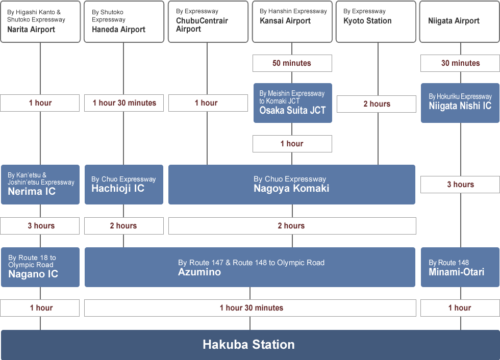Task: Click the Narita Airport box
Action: click(40, 21)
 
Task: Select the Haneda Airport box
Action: click(123, 21)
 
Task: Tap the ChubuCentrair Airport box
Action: click(207, 21)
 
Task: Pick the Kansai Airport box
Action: click(292, 21)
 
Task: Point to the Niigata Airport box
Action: click(459, 21)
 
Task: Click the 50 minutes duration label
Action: click(292, 63)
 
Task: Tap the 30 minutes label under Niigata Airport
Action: click(460, 63)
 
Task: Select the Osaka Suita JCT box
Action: click(292, 103)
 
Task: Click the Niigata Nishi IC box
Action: click(460, 103)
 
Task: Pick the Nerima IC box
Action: click(40, 185)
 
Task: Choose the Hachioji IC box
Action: click(123, 185)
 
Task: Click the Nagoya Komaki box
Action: click(291, 185)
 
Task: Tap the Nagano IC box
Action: click(40, 267)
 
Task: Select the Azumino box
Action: click(249, 267)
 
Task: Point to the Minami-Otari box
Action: click(460, 267)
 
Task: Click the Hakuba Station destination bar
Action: click(249, 345)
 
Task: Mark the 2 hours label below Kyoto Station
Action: click(377, 104)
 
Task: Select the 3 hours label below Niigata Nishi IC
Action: click(460, 185)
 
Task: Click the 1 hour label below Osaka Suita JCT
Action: click(292, 144)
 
